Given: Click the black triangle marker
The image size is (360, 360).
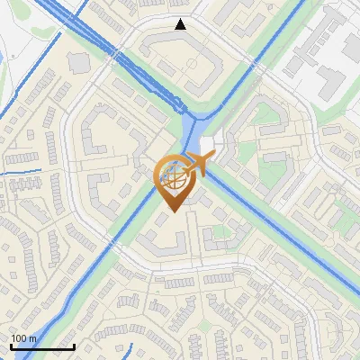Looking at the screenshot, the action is [x=181, y=25].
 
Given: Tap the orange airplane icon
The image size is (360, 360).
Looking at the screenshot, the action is [x=200, y=165].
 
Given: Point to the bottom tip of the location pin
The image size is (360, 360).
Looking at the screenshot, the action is [x=173, y=212].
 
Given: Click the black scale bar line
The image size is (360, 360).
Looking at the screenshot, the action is [x=42, y=347].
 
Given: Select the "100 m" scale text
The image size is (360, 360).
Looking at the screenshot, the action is [x=24, y=338].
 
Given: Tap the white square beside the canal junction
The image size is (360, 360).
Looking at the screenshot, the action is [x=208, y=145].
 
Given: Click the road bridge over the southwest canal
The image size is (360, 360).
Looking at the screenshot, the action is [x=107, y=262].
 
